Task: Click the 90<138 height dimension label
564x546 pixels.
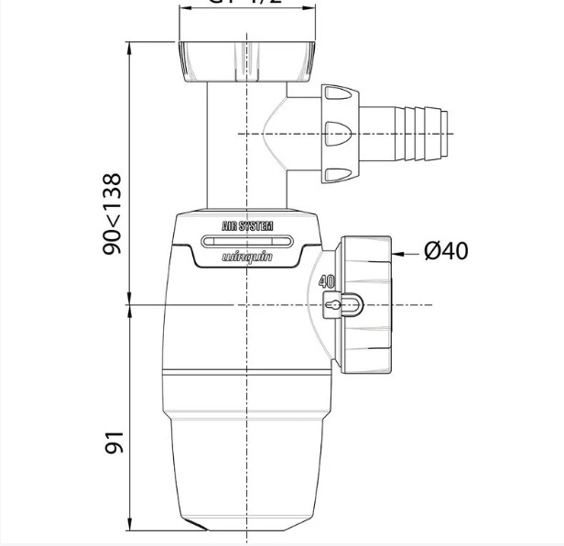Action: [113, 213]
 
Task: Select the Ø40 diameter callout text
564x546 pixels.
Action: [446, 249]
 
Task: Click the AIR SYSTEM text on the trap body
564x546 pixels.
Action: [247, 224]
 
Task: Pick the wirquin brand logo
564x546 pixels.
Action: [247, 258]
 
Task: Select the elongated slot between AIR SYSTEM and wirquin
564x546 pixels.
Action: [247, 242]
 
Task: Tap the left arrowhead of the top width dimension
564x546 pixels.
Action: [184, 3]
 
